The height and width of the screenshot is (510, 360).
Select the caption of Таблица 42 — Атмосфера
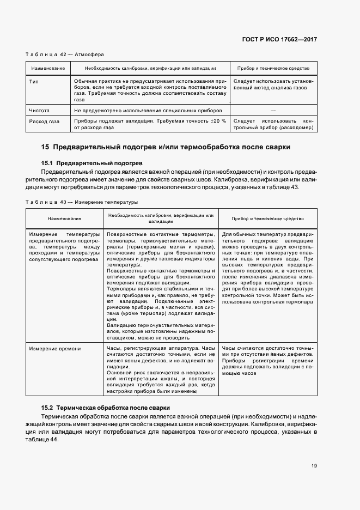tap(65, 54)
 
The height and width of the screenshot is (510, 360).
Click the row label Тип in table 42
tap(33, 81)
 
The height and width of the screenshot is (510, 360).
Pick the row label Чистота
tap(39, 111)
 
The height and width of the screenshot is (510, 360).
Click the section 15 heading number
tap(46, 147)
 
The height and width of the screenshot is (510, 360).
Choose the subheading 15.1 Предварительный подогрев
tap(91, 163)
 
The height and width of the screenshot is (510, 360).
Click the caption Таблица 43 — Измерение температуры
tap(82, 202)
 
